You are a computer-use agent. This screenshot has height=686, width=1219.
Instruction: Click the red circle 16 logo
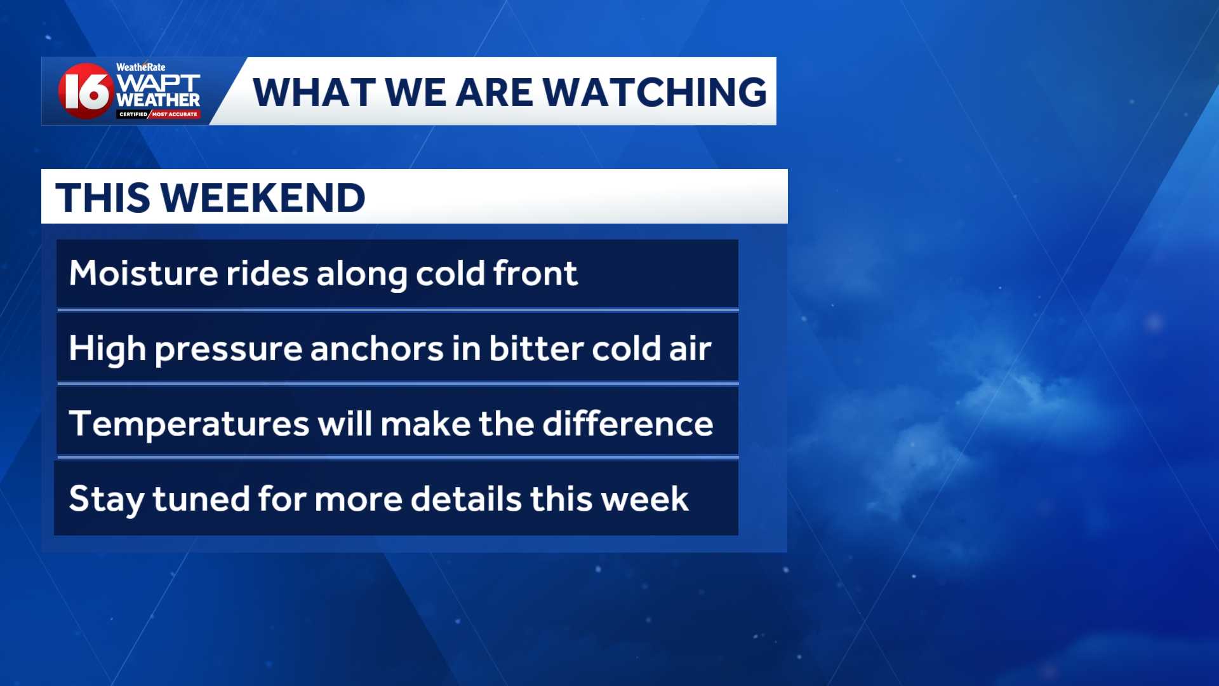86,91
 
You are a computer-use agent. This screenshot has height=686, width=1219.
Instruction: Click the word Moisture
143,273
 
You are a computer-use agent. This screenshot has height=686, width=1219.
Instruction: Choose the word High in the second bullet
107,349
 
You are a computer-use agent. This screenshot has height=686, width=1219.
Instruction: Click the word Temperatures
189,424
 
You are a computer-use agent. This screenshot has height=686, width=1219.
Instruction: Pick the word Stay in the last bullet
106,499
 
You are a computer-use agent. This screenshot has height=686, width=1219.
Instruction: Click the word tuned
201,499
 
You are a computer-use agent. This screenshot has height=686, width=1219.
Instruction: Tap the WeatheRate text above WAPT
140,67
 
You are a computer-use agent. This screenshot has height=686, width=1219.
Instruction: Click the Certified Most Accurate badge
158,114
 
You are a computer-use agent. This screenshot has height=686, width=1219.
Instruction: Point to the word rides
267,273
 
